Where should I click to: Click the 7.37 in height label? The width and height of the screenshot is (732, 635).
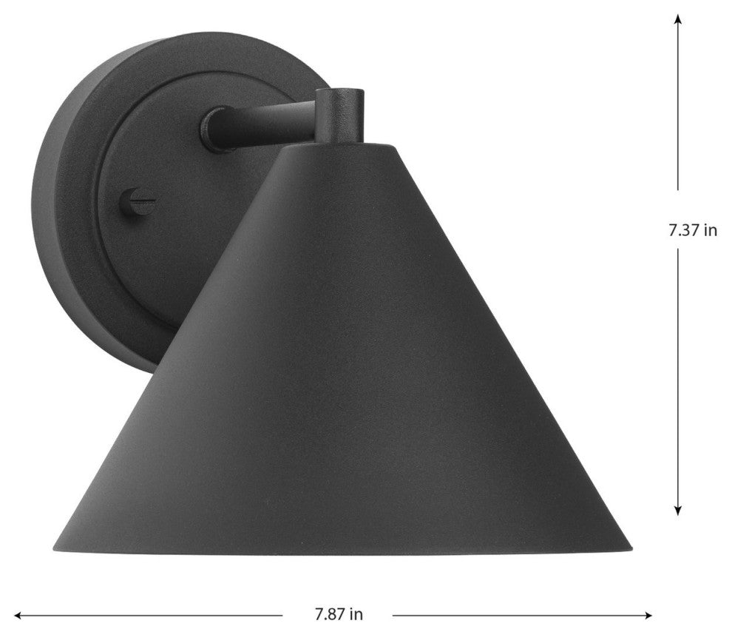click(693, 230)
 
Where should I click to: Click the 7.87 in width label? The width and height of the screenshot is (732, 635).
click(339, 614)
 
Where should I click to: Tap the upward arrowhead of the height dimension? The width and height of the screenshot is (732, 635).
click(678, 18)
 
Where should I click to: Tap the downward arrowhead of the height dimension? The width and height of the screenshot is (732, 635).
click(678, 510)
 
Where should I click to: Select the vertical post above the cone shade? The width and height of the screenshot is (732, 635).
click(339, 114)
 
